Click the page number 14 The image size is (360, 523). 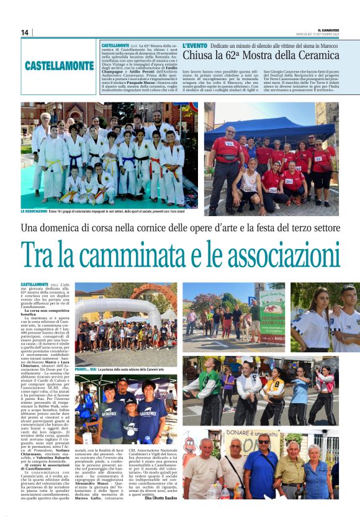(25, 32)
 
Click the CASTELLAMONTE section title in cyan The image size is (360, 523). (60, 65)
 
